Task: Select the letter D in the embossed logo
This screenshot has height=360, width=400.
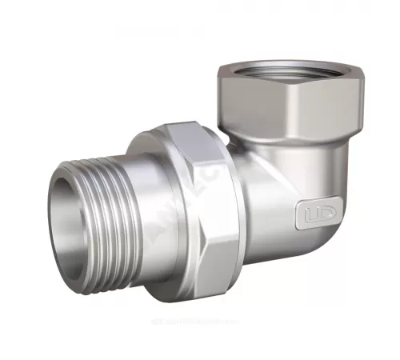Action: (317, 215)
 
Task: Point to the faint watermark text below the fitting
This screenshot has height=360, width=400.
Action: (200, 338)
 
